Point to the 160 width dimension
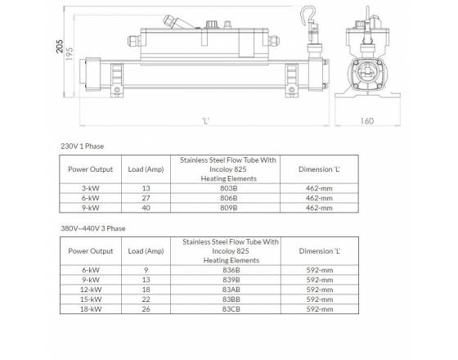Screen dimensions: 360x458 366,121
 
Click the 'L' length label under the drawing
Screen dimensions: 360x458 206,121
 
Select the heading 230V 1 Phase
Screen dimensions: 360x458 83,146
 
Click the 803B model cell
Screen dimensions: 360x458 231,187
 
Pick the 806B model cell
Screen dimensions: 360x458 231,197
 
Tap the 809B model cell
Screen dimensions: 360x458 231,208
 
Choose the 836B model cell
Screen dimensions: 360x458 231,269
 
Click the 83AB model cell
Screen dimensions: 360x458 231,290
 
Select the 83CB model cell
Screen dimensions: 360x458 231,310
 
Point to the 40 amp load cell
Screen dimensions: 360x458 146,208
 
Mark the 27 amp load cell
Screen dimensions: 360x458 146,197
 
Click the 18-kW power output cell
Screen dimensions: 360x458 91,310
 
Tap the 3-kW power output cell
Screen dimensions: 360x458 91,187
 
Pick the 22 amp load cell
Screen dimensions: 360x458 146,299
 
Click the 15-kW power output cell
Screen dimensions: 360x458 91,299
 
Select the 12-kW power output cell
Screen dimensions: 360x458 91,290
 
